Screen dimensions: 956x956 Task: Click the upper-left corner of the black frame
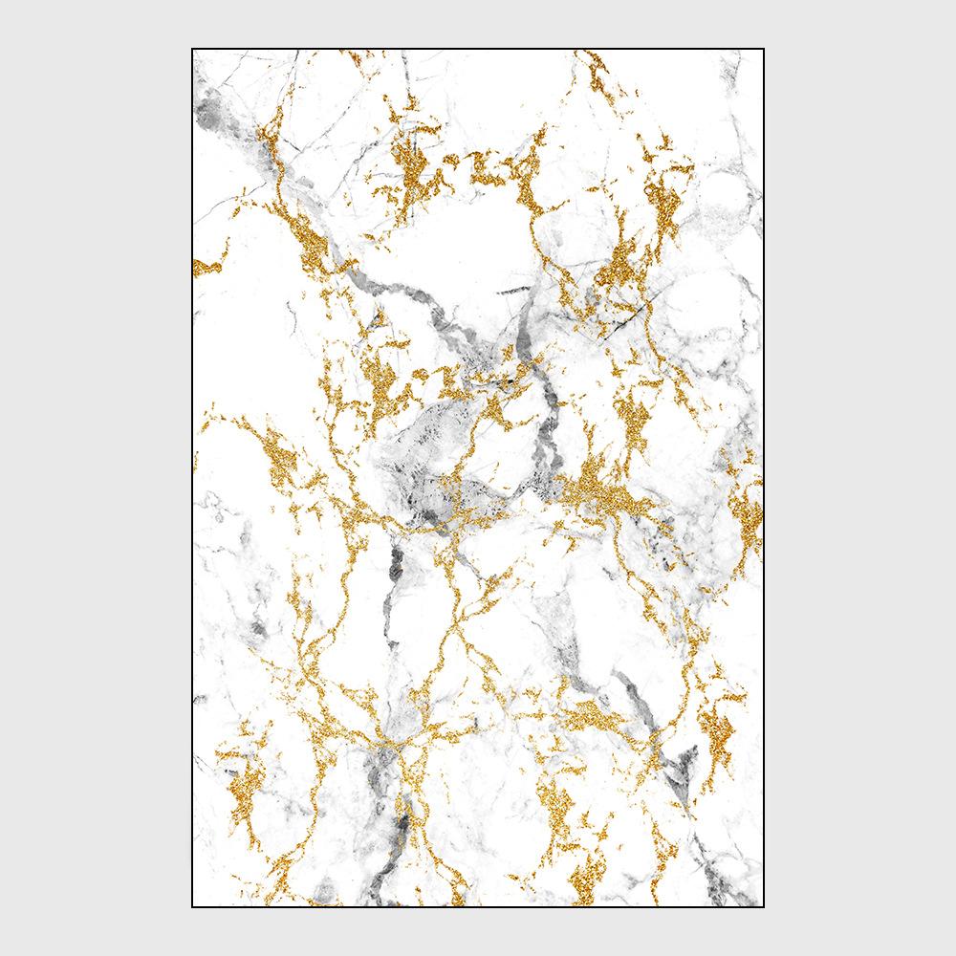pyautogui.click(x=192, y=49)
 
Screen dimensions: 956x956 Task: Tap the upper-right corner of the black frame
pyautogui.click(x=764, y=49)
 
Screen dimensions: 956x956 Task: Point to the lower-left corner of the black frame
pyautogui.click(x=192, y=906)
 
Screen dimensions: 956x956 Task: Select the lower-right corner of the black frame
pyautogui.click(x=764, y=906)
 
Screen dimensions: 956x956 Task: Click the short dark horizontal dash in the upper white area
pyautogui.click(x=513, y=289)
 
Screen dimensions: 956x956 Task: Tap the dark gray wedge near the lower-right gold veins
pyautogui.click(x=681, y=765)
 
